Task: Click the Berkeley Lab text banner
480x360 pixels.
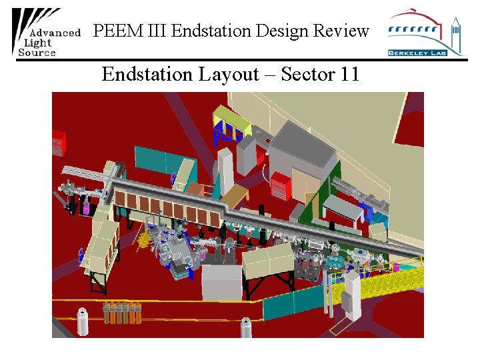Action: coord(417,52)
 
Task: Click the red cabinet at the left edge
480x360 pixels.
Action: coord(59,141)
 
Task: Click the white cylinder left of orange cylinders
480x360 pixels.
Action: coord(83,321)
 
